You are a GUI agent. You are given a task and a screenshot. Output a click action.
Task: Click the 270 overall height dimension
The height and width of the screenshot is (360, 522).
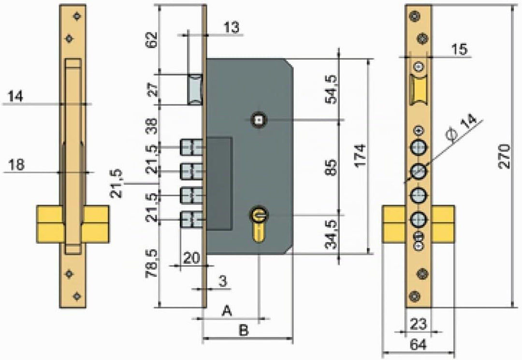504,156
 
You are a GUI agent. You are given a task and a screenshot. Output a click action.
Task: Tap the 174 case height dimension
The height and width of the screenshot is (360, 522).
360,156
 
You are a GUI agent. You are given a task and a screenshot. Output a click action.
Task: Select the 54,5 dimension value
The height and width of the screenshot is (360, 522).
331,89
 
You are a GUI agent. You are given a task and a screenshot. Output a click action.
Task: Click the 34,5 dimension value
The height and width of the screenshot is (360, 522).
331,234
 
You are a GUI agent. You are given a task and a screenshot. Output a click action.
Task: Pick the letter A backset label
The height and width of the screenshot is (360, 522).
227,311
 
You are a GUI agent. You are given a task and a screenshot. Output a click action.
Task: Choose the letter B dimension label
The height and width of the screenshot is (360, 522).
244,331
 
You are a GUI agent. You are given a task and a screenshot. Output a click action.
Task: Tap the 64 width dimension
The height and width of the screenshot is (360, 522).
418,345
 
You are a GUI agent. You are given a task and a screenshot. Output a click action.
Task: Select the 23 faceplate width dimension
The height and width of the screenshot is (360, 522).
418,324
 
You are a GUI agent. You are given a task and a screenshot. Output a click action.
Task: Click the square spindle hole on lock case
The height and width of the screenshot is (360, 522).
259,120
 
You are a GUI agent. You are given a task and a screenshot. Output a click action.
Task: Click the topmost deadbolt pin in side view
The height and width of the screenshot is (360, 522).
192,147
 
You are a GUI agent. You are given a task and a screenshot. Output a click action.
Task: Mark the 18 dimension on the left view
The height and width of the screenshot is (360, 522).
15,164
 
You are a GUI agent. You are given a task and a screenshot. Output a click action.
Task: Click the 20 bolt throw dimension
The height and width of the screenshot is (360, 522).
191,258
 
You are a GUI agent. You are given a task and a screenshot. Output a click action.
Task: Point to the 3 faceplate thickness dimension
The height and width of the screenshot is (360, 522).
223,282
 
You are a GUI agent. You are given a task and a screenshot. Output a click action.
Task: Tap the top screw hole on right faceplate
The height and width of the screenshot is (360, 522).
414,16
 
